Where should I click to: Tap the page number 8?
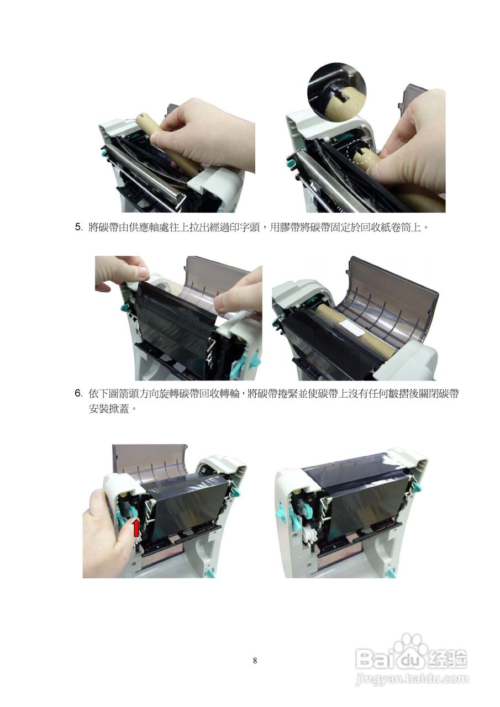255,652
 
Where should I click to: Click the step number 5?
78,227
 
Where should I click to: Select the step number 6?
78,393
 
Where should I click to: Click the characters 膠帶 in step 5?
290,227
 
